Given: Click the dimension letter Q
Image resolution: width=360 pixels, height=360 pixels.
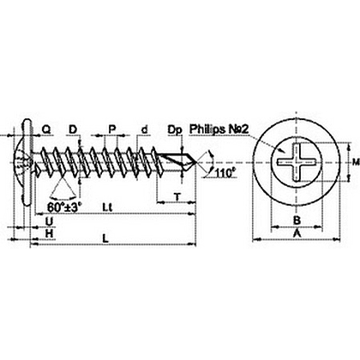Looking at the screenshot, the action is tap(46, 129).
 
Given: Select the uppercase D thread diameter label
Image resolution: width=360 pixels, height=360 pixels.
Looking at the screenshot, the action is tap(73, 129).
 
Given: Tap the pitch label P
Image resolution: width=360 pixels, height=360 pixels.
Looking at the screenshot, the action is tap(112, 129).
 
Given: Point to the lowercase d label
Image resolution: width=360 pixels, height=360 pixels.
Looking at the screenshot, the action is tap(145, 129).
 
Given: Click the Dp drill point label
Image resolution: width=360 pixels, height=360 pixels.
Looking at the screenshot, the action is tap(175, 130).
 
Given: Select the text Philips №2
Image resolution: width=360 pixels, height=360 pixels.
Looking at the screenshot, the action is tap(219, 129).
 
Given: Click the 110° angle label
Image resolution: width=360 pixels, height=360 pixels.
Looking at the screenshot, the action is tap(225, 173).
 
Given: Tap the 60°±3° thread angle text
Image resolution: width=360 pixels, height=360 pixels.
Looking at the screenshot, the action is tap(64, 207).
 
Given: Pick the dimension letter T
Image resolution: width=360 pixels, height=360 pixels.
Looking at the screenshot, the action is tap(177, 197).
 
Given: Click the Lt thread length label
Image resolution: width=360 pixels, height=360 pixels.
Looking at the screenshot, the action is tap(107, 207).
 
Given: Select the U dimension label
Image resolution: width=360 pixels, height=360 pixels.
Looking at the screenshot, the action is tap(50, 221).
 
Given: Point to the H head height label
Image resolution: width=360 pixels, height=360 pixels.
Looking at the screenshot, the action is tap(50, 233).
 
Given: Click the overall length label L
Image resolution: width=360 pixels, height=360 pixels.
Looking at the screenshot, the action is tap(105, 238).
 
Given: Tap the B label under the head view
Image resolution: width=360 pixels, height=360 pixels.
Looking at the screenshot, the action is tap(297, 220).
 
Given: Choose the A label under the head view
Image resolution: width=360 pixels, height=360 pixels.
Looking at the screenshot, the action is tap(297, 233).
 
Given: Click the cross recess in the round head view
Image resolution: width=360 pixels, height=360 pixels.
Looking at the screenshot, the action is tap(297, 163).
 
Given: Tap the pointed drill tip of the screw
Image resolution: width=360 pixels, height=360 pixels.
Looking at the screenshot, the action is tap(196, 163).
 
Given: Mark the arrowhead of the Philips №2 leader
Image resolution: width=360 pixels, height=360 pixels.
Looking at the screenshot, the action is tap(282, 152).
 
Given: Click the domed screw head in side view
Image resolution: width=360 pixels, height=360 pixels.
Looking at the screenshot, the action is tap(22, 162).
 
